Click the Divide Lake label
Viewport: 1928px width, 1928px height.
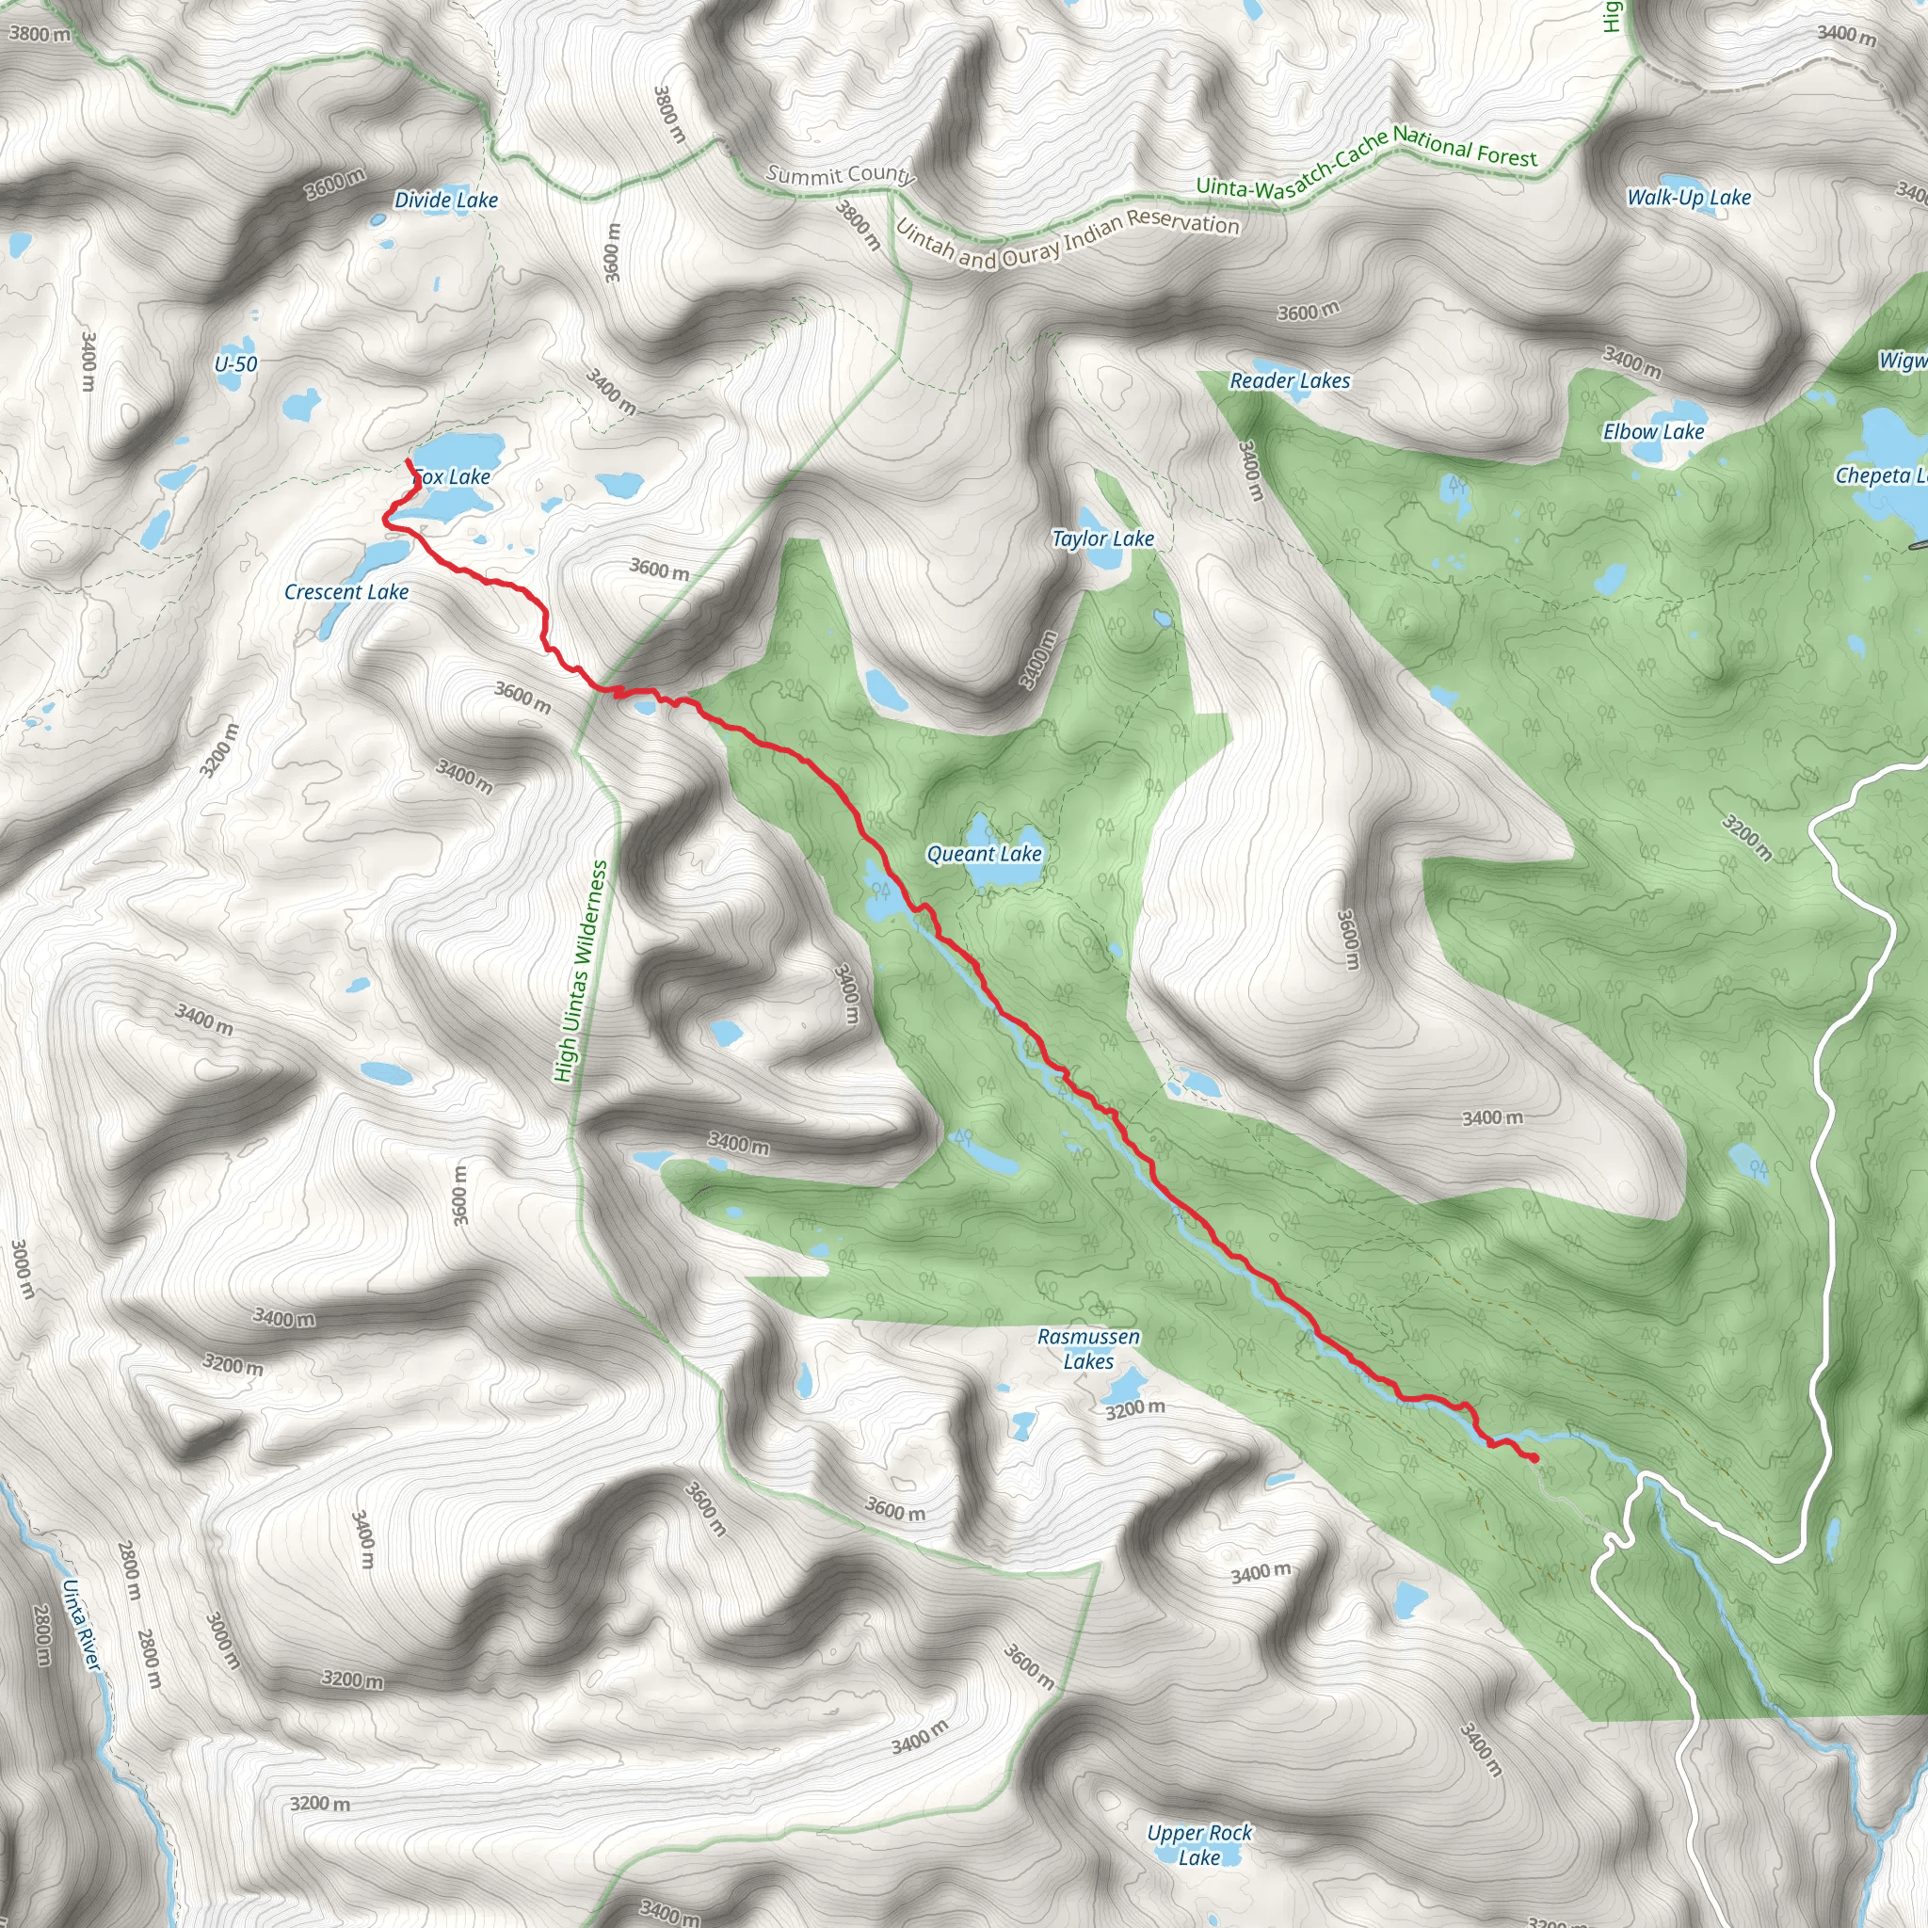[x=446, y=201]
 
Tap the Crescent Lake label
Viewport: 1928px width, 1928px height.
[x=346, y=592]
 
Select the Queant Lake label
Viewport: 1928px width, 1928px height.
[x=984, y=854]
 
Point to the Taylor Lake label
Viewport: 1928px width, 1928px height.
[x=1102, y=538]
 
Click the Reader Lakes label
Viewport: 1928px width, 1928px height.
[x=1290, y=381]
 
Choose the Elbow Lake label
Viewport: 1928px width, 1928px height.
[x=1653, y=432]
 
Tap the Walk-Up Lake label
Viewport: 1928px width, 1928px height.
[x=1689, y=198]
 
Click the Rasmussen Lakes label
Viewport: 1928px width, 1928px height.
[x=1089, y=1349]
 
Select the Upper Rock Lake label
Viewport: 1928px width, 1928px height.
[x=1199, y=1845]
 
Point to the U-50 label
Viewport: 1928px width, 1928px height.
[x=235, y=364]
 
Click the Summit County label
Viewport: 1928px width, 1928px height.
[x=841, y=175]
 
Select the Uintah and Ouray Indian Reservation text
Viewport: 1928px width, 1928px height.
[x=1067, y=239]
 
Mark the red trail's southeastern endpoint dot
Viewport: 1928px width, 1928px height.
[x=1533, y=1458]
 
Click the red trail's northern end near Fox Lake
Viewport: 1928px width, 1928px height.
[x=409, y=461]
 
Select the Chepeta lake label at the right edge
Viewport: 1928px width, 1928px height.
[x=1881, y=476]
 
